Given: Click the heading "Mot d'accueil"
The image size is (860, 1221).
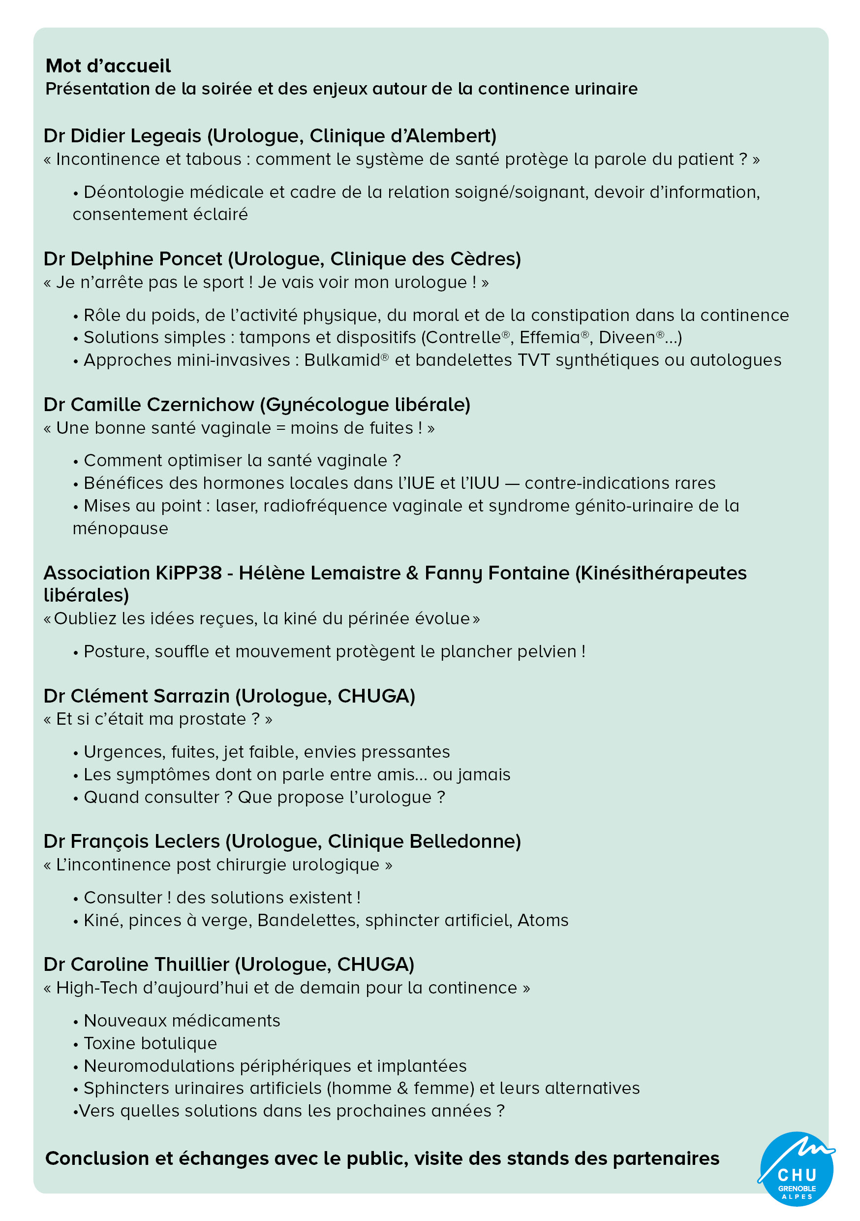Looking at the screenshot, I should tap(108, 66).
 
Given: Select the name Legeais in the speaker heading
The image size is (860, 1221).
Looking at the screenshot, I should tap(166, 136).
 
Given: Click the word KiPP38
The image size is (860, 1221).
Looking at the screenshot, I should tap(189, 573).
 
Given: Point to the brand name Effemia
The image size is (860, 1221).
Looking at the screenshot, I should tap(550, 338).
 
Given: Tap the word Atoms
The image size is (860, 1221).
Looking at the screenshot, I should tap(543, 921).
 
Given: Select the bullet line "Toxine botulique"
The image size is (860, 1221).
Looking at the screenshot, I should tap(151, 1044).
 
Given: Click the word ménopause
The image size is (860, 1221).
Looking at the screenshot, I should tap(121, 529).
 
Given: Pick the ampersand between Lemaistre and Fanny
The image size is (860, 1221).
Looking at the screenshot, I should tap(412, 573).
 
